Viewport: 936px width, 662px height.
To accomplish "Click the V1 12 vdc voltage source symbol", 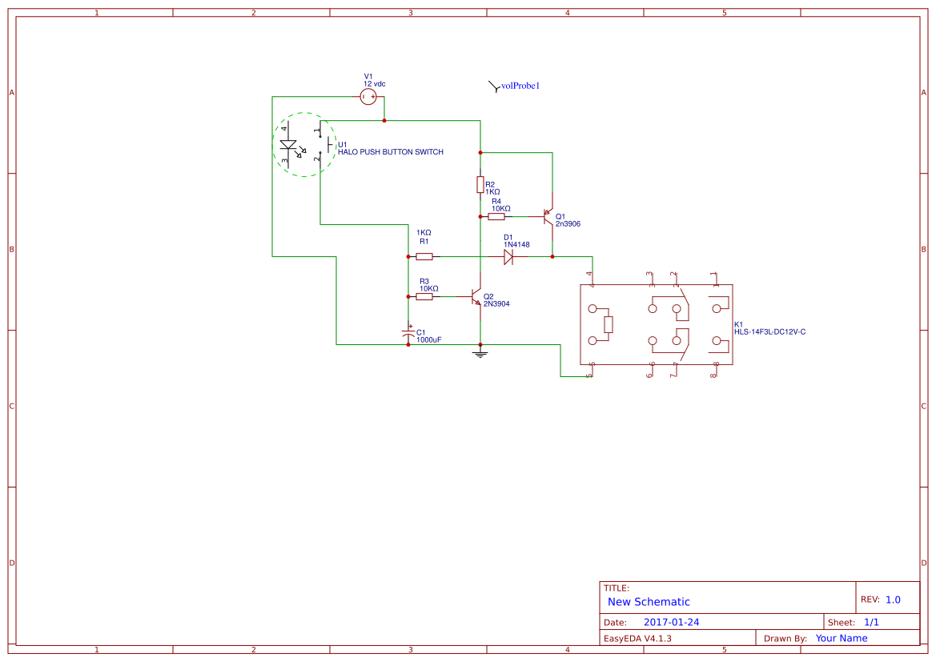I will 368,97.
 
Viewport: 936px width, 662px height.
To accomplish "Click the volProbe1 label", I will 520,86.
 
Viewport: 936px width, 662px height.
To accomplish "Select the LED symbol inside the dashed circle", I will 288,146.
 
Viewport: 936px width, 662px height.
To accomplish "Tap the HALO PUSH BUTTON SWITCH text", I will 390,152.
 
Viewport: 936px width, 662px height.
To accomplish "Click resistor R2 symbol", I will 480,185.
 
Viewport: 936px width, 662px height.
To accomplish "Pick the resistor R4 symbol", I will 496,216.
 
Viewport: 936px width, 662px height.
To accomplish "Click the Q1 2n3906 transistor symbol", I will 549,216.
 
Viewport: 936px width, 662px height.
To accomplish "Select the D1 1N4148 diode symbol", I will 508,257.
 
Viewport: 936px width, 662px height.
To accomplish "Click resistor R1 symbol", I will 424,257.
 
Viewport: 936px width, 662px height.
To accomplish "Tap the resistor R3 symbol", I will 424,296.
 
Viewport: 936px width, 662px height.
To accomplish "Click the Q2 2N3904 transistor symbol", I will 476,298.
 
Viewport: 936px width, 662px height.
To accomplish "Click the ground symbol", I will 480,352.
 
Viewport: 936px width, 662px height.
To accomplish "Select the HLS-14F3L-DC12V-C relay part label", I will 769,331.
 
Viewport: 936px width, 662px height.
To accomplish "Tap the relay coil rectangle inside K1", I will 609,324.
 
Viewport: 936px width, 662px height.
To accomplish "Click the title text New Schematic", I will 649,602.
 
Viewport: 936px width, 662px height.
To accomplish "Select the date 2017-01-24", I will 671,622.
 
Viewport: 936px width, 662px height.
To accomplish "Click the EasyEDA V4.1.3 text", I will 637,638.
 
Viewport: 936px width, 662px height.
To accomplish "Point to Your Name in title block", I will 841,638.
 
